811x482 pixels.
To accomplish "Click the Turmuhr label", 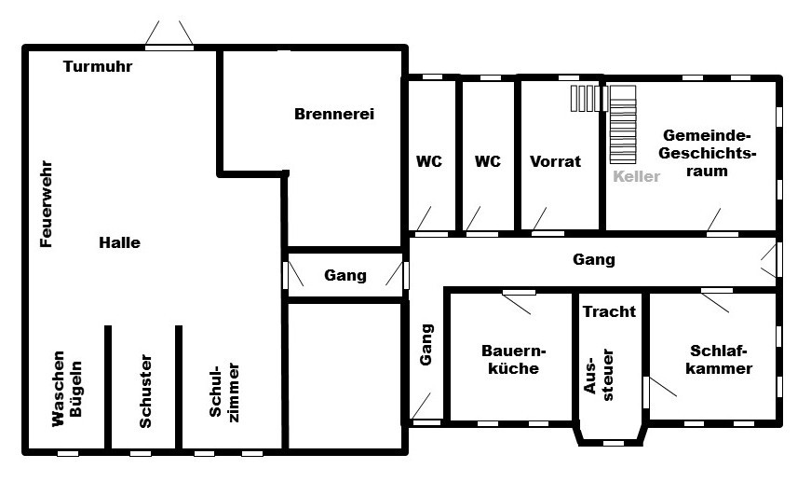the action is tap(98, 66).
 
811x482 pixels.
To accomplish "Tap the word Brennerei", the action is tap(334, 114).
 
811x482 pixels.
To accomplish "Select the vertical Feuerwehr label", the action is tap(47, 204).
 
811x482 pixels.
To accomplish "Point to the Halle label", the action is tap(119, 242).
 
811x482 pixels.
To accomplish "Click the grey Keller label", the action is tap(637, 176).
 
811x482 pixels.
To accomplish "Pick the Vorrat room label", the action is tap(556, 161).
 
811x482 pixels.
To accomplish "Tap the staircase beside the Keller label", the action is tap(623, 125).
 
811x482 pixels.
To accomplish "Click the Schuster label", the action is tap(146, 391).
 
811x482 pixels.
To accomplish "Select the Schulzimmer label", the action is tap(224, 392).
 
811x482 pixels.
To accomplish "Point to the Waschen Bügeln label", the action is tap(67, 388).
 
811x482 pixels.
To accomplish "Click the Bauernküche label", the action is tap(514, 359).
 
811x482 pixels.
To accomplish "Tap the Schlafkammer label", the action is tap(719, 359).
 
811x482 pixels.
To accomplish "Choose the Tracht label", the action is tap(609, 311).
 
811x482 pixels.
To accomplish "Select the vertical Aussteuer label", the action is tap(599, 375).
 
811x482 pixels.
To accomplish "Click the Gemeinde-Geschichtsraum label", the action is tap(707, 153).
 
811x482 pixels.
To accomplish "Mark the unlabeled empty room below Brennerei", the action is tap(345, 376).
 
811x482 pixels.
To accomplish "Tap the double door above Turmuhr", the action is tap(169, 35).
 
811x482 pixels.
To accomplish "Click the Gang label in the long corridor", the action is tap(594, 259).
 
